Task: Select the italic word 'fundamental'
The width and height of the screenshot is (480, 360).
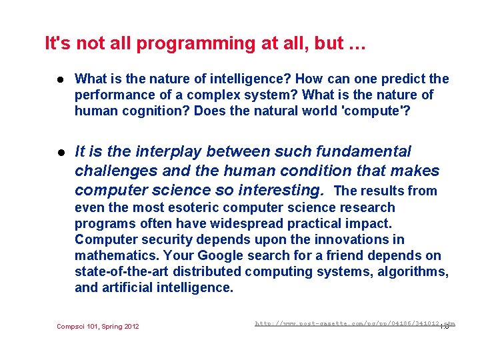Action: point(367,152)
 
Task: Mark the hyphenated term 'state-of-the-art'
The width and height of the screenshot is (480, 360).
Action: point(125,271)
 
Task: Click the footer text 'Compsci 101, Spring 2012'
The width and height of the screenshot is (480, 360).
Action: point(98,326)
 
